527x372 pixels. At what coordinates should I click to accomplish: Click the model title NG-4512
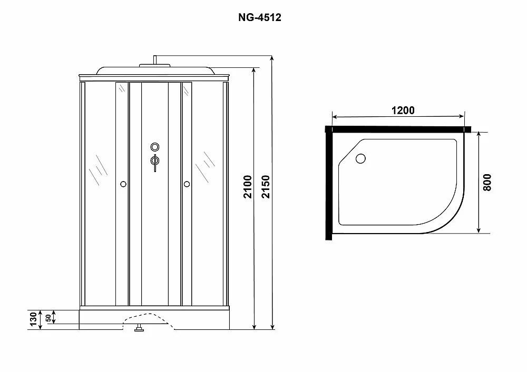pos(259,17)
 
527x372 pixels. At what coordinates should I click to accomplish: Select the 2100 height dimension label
pos(248,187)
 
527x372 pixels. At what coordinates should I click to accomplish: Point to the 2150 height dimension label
pos(266,187)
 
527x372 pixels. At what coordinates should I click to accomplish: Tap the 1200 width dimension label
pos(403,110)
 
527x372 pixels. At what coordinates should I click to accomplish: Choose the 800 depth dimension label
pos(486,183)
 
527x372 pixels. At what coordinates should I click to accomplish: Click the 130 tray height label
pos(33,319)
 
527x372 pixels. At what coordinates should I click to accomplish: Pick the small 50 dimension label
pos(48,318)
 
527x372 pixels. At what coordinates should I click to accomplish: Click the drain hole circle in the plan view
pos(360,158)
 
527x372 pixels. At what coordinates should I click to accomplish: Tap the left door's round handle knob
pos(123,184)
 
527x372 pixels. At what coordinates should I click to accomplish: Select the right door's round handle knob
pos(187,184)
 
